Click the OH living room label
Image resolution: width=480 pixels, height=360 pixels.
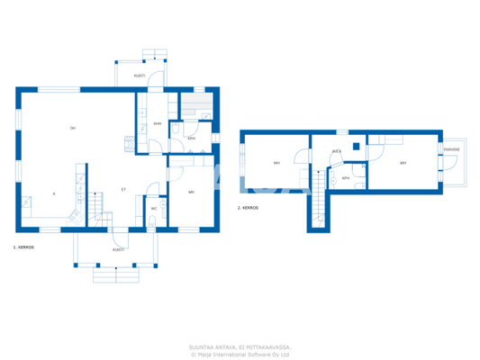click(x=73, y=129)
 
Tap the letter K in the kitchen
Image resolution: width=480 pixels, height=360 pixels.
click(x=54, y=193)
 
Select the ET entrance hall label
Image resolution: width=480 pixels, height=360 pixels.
click(x=123, y=190)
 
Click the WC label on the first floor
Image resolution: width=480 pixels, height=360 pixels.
click(x=154, y=209)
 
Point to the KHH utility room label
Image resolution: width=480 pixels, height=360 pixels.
click(x=158, y=123)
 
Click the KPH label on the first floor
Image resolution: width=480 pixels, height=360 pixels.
click(x=192, y=138)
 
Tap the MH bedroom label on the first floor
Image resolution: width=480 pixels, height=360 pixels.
click(x=192, y=192)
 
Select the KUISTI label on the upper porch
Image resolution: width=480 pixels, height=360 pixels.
click(x=140, y=76)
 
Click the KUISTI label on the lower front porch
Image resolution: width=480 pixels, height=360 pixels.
click(x=118, y=249)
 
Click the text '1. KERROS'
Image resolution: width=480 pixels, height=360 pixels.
click(x=23, y=246)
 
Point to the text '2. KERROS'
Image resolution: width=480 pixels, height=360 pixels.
click(x=248, y=207)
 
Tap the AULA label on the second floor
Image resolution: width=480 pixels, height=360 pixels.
click(x=336, y=151)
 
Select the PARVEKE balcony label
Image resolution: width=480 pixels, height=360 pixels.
click(x=450, y=150)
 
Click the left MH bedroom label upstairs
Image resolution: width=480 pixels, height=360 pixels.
click(x=276, y=163)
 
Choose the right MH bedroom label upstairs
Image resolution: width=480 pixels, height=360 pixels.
click(x=403, y=163)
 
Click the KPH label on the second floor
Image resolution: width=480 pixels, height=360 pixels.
click(x=346, y=178)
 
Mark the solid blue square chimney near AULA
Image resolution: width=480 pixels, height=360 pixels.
click(x=357, y=146)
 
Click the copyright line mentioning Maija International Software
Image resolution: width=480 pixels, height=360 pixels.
click(x=240, y=354)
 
